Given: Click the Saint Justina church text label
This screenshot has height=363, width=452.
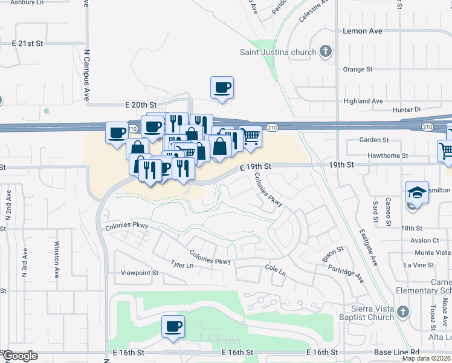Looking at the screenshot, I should (277, 52).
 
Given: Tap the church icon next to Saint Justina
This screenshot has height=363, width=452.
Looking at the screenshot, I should (326, 51).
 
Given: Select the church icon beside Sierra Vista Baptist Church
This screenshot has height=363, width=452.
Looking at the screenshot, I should (404, 313).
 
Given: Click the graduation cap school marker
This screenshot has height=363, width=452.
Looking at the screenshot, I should (417, 192).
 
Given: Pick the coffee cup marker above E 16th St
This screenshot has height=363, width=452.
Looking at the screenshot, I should (173, 327).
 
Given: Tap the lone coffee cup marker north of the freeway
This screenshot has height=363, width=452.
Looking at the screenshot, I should (222, 88).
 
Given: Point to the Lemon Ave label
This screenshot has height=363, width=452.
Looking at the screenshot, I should (363, 30).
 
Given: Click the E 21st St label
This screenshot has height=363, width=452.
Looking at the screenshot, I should (28, 44).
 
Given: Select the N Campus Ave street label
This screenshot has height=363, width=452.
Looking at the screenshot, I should (87, 76).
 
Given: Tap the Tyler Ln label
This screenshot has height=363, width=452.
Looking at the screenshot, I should (182, 265).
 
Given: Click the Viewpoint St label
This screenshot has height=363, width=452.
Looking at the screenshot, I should (139, 273).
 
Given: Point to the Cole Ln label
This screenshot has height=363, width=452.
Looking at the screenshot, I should (275, 267).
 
